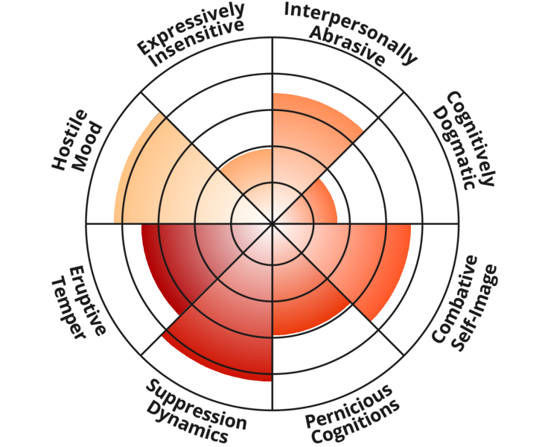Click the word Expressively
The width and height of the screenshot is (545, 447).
pyautogui.click(x=191, y=28)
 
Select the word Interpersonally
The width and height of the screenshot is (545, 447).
pyautogui.click(x=351, y=30)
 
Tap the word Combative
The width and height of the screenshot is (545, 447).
pyautogui.click(x=454, y=299)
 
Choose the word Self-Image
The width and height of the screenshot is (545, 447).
pyautogui.click(x=476, y=308)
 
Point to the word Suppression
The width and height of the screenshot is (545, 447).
pyautogui.click(x=197, y=405)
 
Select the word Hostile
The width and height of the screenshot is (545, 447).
pyautogui.click(x=69, y=140)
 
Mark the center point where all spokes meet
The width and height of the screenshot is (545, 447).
pyautogui.click(x=272, y=223)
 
